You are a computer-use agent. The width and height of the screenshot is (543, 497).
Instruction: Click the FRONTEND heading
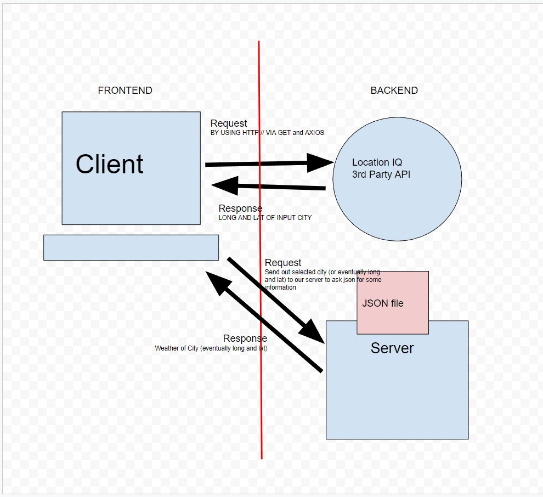tap(125, 91)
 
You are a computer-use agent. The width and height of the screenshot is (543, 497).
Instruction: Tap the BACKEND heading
tap(394, 91)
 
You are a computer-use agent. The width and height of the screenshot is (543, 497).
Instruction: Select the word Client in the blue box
tap(110, 164)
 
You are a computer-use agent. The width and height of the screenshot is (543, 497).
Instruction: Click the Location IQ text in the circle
tap(377, 162)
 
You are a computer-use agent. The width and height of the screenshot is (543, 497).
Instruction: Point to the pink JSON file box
tap(392, 302)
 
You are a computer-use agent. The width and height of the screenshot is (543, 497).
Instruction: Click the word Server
tap(392, 348)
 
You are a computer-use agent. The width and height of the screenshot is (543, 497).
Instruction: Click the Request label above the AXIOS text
tap(229, 123)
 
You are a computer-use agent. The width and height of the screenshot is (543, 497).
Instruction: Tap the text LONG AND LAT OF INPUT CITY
tap(265, 218)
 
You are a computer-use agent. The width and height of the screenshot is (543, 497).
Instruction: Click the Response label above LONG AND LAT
tap(240, 208)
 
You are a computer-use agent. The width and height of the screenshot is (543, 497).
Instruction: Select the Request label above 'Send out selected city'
tap(283, 263)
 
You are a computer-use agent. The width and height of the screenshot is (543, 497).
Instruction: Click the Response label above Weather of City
tap(245, 338)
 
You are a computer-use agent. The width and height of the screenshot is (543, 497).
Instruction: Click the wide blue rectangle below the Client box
tap(131, 247)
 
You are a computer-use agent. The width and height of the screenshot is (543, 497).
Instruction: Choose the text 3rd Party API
tap(381, 175)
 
